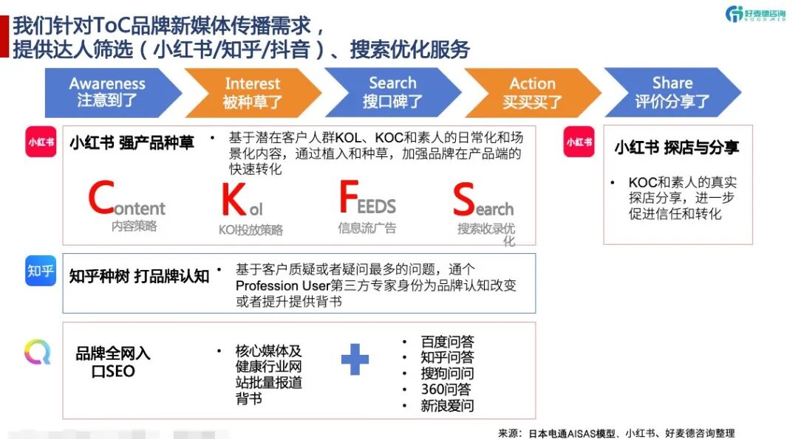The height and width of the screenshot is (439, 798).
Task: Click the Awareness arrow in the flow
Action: pos(107,92)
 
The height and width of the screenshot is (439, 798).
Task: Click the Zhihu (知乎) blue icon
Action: pos(41,272)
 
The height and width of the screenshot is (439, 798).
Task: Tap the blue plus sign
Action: pos(355,359)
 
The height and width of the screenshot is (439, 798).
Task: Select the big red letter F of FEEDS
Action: pos(348,198)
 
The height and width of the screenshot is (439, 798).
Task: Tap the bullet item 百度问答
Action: pos(447,342)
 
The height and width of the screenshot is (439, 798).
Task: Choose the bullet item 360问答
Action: pos(446,390)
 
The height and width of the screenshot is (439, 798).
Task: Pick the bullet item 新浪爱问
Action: pos(447,405)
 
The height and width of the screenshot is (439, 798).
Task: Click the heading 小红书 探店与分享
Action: pos(676,148)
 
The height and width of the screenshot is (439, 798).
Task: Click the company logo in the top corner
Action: pos(754,14)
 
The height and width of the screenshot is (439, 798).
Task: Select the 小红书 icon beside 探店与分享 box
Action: pos(579,142)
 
